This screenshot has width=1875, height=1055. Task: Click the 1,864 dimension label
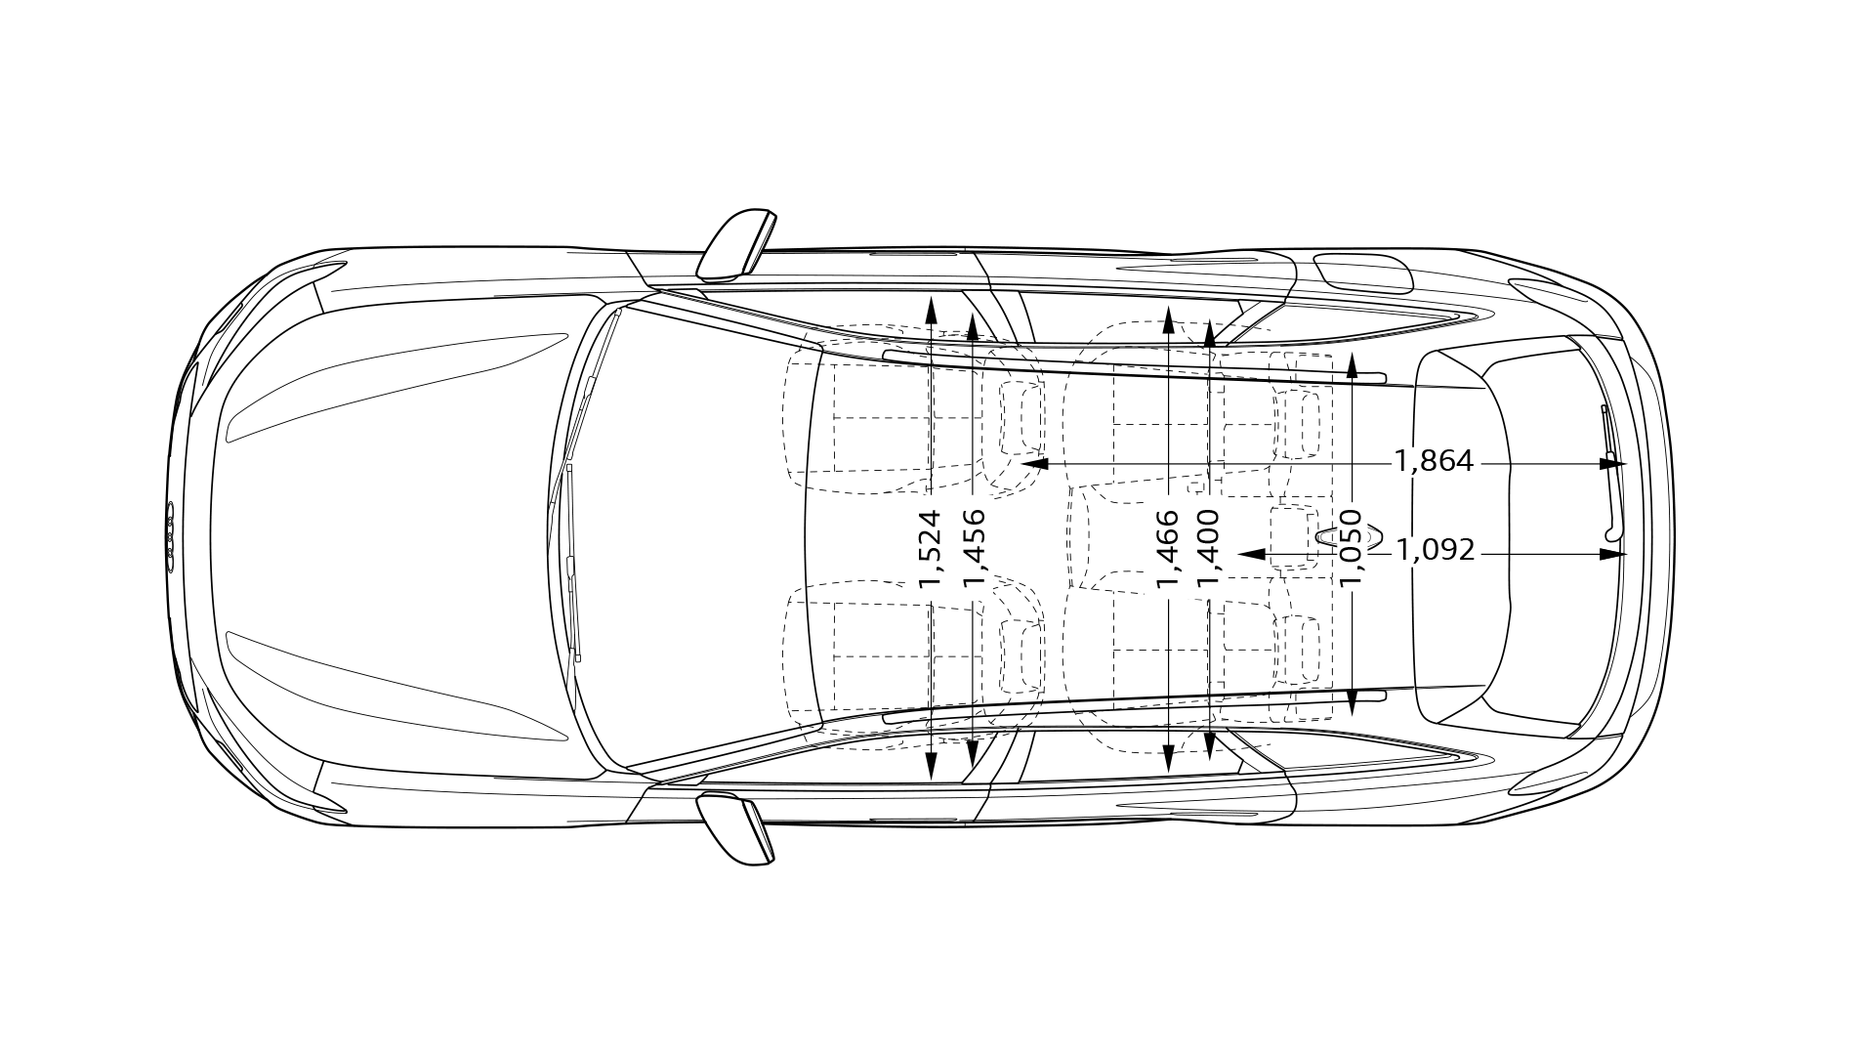pos(1434,460)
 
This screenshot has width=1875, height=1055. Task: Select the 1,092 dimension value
pos(1435,550)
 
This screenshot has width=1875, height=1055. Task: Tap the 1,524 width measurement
pos(930,548)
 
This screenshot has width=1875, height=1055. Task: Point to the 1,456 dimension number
pos(974,548)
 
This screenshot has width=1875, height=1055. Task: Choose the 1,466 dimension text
pos(1168,548)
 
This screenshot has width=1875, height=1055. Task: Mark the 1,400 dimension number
pos(1209,548)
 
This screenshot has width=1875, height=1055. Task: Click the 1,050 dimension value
pos(1352,548)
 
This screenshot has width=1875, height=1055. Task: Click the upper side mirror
pos(737,242)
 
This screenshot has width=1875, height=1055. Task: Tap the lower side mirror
pos(737,830)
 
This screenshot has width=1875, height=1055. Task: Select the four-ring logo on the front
pos(170,536)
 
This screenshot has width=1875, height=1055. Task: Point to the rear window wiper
pos(1610,469)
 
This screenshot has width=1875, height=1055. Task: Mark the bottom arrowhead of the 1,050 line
pos(1352,702)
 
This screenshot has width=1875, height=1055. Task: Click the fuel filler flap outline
pos(1363,273)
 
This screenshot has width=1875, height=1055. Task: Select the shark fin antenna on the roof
pos(1350,535)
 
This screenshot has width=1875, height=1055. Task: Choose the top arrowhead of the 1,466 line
pos(1169,320)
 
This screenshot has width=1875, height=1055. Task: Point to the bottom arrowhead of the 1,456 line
pos(973,752)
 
